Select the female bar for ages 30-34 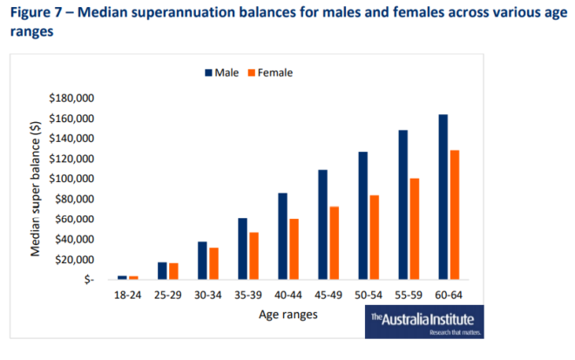point(213,263)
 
